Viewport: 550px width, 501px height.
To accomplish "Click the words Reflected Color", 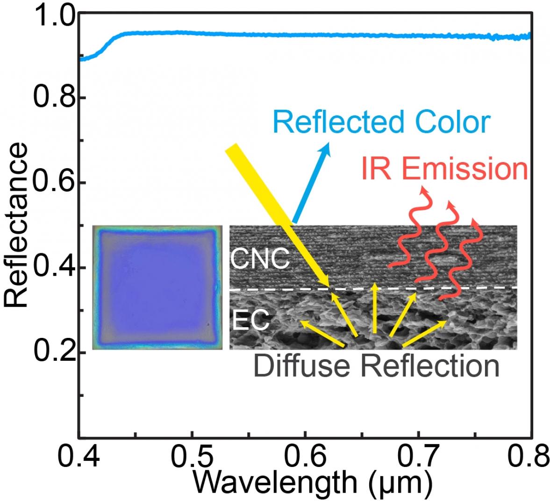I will (x=381, y=122).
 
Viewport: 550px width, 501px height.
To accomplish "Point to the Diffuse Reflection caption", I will (x=376, y=366).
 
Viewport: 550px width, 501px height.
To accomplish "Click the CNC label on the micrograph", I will (x=260, y=258).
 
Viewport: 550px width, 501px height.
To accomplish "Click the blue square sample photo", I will (x=157, y=287).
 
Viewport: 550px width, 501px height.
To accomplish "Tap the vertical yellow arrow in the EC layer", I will (x=374, y=308).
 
